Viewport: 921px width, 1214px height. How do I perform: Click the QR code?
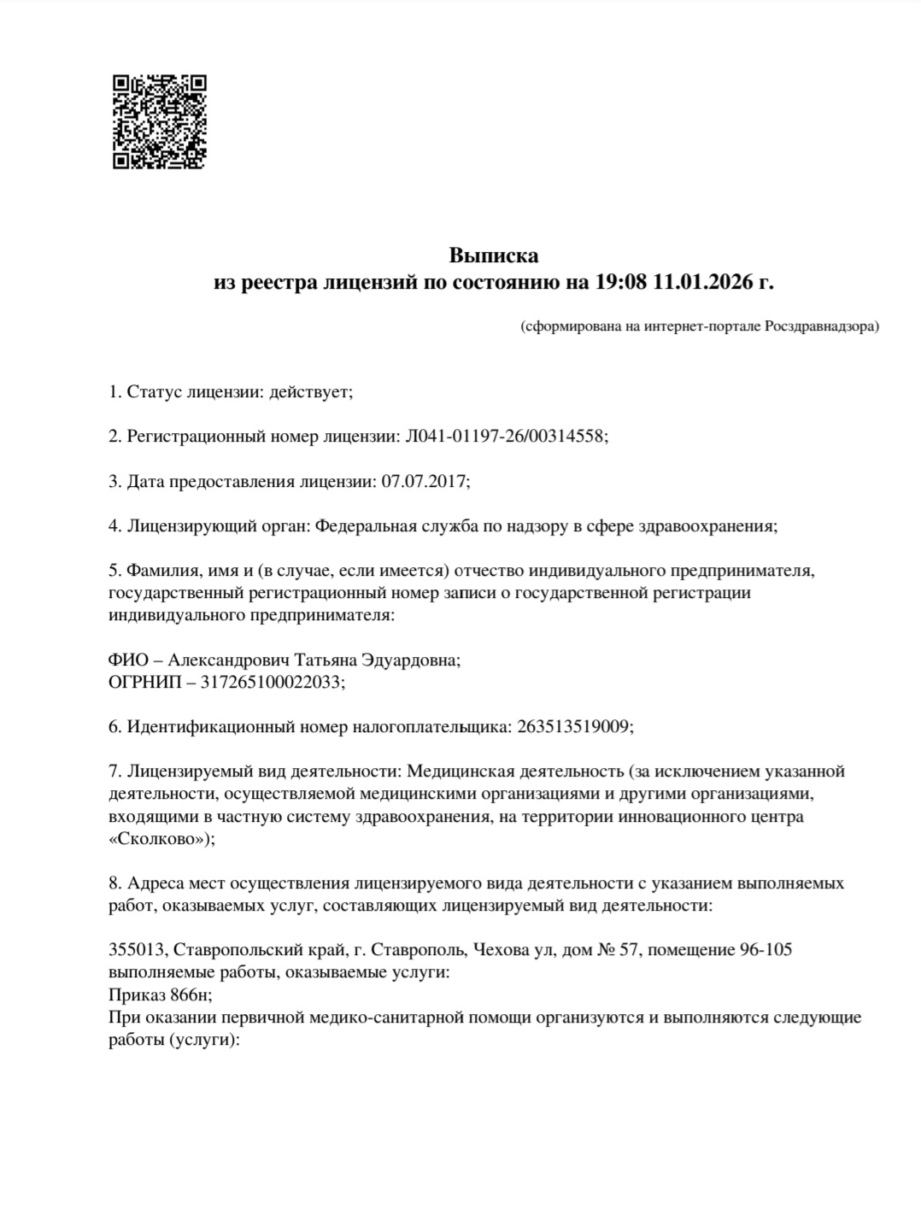pos(161,122)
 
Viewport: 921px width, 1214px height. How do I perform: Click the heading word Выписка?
pos(494,255)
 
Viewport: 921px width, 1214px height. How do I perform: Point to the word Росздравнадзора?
pos(819,326)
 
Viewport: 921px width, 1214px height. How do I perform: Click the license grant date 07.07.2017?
pos(424,481)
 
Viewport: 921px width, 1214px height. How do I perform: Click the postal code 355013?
pos(137,950)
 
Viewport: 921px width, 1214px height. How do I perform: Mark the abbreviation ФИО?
pos(127,660)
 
